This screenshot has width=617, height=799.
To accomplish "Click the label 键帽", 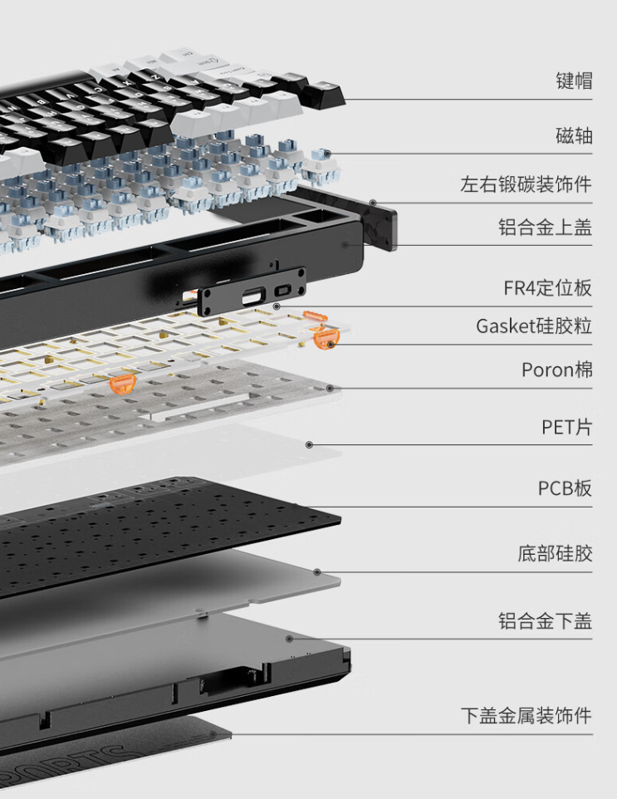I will pyautogui.click(x=573, y=81).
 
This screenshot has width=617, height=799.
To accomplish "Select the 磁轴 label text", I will pyautogui.click(x=573, y=135).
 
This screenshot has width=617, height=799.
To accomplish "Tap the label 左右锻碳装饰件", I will pyautogui.click(x=526, y=184).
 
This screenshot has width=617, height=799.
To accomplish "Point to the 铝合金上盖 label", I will pyautogui.click(x=545, y=227).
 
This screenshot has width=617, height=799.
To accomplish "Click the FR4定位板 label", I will pyautogui.click(x=547, y=288).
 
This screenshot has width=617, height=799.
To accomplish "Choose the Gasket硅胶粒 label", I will pyautogui.click(x=534, y=326).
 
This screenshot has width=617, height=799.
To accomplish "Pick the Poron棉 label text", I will pyautogui.click(x=556, y=369).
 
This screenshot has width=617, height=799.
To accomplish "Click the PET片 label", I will pyautogui.click(x=566, y=428).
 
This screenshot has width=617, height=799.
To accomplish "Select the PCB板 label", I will pyautogui.click(x=565, y=488).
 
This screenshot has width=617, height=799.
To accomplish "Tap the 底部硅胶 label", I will pyautogui.click(x=555, y=553).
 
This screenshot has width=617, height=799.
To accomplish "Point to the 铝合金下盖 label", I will pyautogui.click(x=545, y=620).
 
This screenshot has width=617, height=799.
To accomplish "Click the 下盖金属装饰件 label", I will pyautogui.click(x=526, y=715).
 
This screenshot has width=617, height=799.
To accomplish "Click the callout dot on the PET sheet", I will pyautogui.click(x=310, y=445).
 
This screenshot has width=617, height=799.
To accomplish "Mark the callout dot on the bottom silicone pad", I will pyautogui.click(x=316, y=571).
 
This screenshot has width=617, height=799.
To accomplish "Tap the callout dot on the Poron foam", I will pyautogui.click(x=331, y=388).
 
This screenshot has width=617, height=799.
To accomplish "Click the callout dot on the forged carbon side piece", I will pyautogui.click(x=374, y=203).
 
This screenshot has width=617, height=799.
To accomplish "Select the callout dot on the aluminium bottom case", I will pyautogui.click(x=289, y=639).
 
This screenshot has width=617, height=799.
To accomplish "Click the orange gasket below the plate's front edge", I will pyautogui.click(x=122, y=384).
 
